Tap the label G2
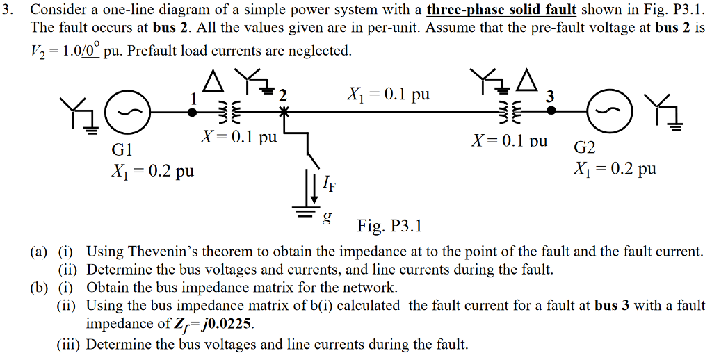[x=585, y=148]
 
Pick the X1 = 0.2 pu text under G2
[x=614, y=168]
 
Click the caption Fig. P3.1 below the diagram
[x=389, y=227]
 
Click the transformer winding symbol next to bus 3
[x=510, y=112]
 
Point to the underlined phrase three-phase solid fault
[x=501, y=10]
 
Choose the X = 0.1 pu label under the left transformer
[x=238, y=138]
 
